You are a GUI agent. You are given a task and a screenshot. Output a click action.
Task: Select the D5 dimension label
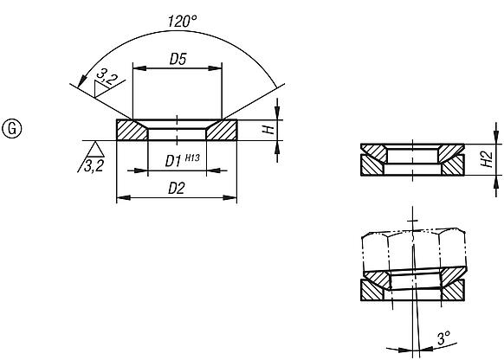pyautogui.click(x=178, y=59)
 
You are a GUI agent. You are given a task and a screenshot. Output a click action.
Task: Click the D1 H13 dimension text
pyautogui.click(x=178, y=160)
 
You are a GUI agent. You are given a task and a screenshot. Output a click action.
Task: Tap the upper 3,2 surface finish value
pyautogui.click(x=107, y=80)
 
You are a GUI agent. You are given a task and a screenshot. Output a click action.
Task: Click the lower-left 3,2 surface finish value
pyautogui.click(x=93, y=166)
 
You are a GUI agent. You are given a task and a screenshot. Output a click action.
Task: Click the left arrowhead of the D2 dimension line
pyautogui.click(x=120, y=197)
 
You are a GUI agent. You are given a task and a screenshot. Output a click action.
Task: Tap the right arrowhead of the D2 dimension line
pyautogui.click(x=233, y=197)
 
